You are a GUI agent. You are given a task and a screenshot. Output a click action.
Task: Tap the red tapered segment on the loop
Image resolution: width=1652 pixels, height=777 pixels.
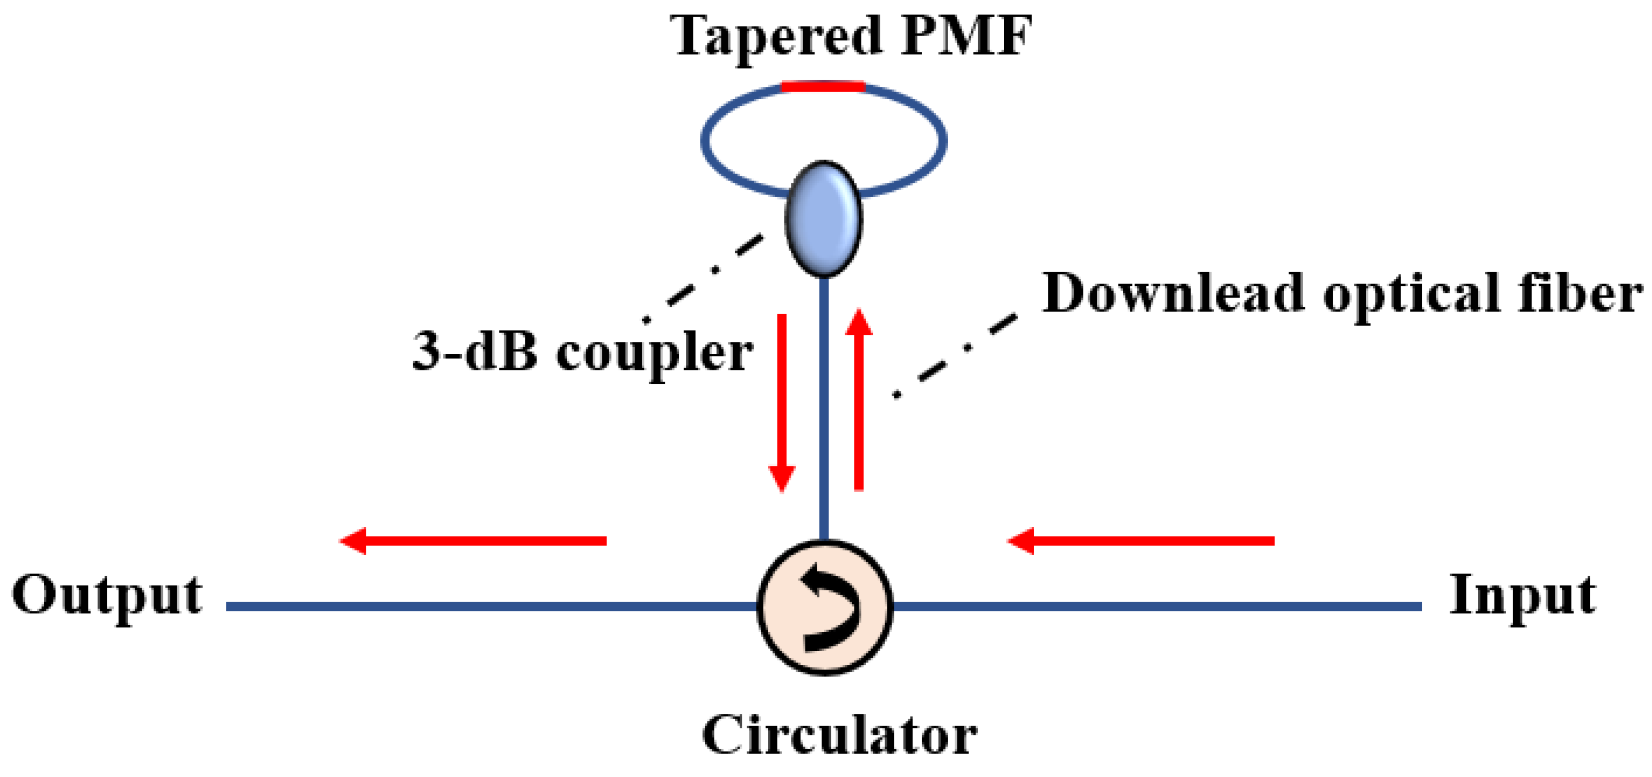(823, 86)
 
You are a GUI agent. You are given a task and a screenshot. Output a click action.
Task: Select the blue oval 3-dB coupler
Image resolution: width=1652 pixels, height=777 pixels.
(823, 219)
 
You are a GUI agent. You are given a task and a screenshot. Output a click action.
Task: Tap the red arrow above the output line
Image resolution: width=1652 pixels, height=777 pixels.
(473, 541)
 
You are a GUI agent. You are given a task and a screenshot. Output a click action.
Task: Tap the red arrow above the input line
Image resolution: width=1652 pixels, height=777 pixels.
(1141, 541)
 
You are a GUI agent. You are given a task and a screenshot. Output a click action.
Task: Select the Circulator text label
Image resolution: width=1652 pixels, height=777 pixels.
(839, 735)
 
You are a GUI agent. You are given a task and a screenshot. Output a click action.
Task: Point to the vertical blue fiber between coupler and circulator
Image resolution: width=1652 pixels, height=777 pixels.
(824, 410)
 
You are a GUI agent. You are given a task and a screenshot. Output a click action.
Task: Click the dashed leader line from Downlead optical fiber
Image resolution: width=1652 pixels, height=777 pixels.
(956, 355)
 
